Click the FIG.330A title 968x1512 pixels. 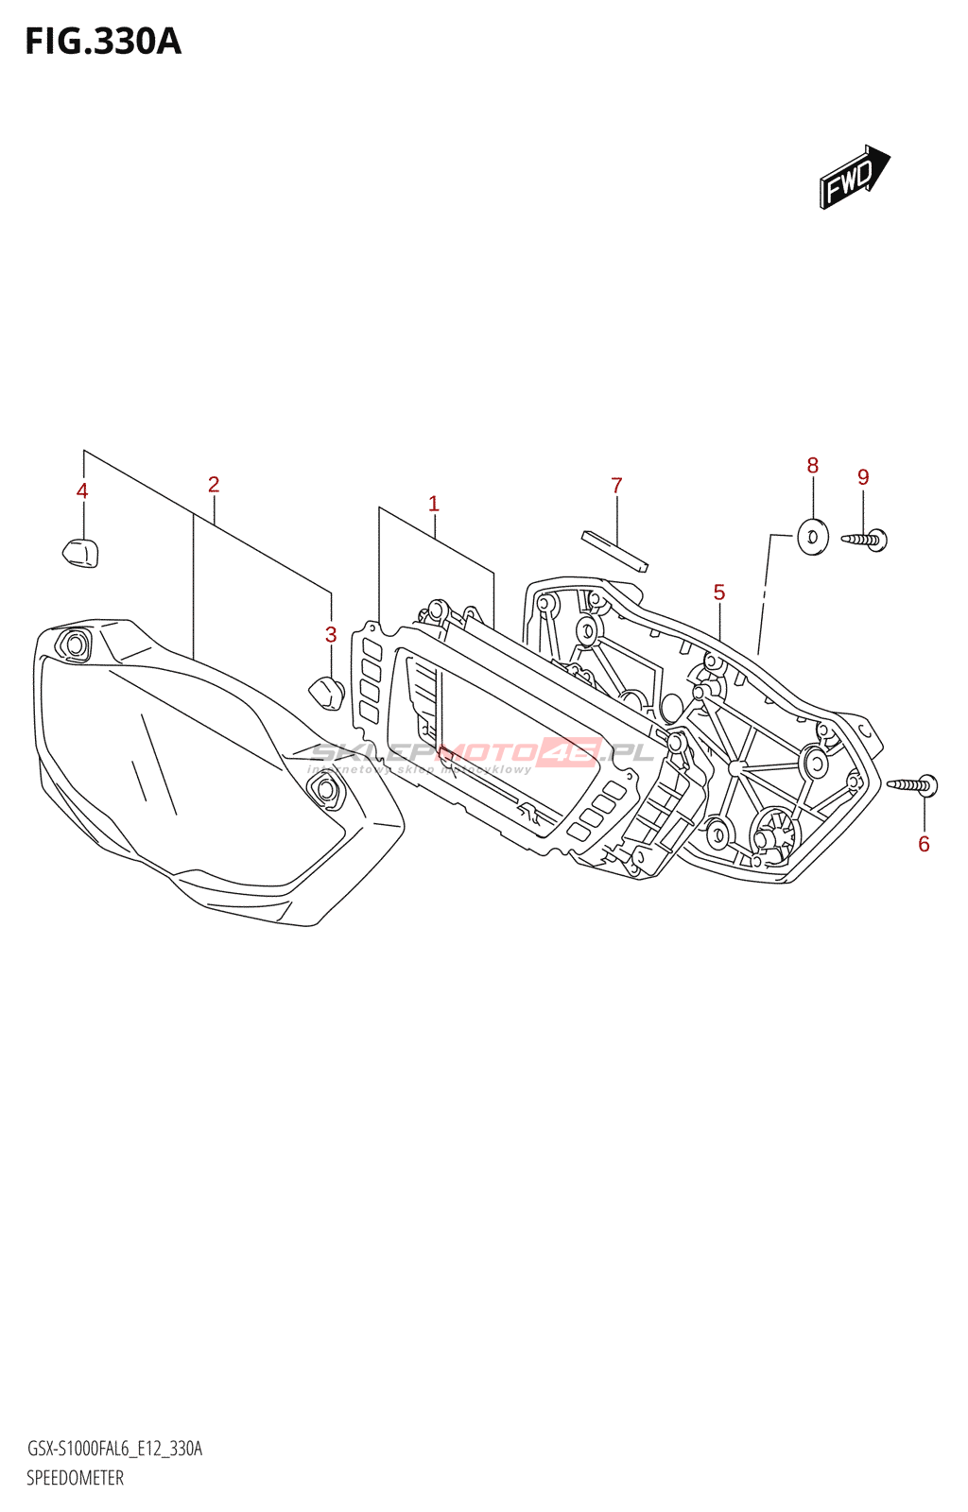pyautogui.click(x=102, y=43)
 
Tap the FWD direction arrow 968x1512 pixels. pyautogui.click(x=854, y=177)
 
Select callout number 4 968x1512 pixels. pyautogui.click(x=82, y=491)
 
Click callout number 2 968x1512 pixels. pyautogui.click(x=214, y=485)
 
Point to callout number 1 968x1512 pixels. pyautogui.click(x=434, y=504)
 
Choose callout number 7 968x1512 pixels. pyautogui.click(x=616, y=486)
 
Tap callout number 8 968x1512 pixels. pyautogui.click(x=813, y=466)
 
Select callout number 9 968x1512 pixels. pyautogui.click(x=863, y=477)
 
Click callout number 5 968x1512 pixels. pyautogui.click(x=719, y=593)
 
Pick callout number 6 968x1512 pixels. pyautogui.click(x=925, y=844)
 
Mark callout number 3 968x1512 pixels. pyautogui.click(x=331, y=635)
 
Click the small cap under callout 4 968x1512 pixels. pyautogui.click(x=80, y=552)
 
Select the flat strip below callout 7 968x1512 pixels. pyautogui.click(x=614, y=552)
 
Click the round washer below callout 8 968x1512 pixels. pyautogui.click(x=813, y=537)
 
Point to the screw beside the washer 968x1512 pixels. pyautogui.click(x=865, y=540)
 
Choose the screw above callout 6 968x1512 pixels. pyautogui.click(x=913, y=784)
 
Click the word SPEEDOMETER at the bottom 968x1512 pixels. pyautogui.click(x=75, y=1478)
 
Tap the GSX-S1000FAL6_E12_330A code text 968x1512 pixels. pyautogui.click(x=114, y=1449)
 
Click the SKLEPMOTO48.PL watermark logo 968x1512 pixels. pyautogui.click(x=482, y=753)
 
